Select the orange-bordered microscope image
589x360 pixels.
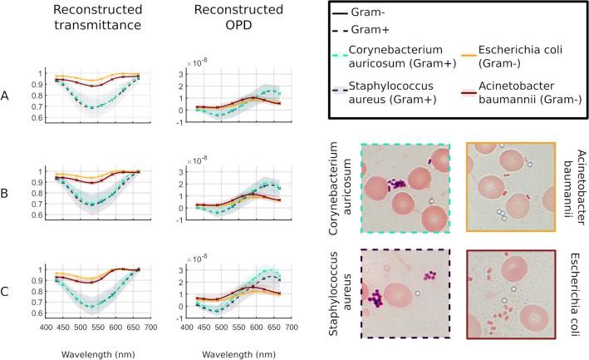pos(508,191)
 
